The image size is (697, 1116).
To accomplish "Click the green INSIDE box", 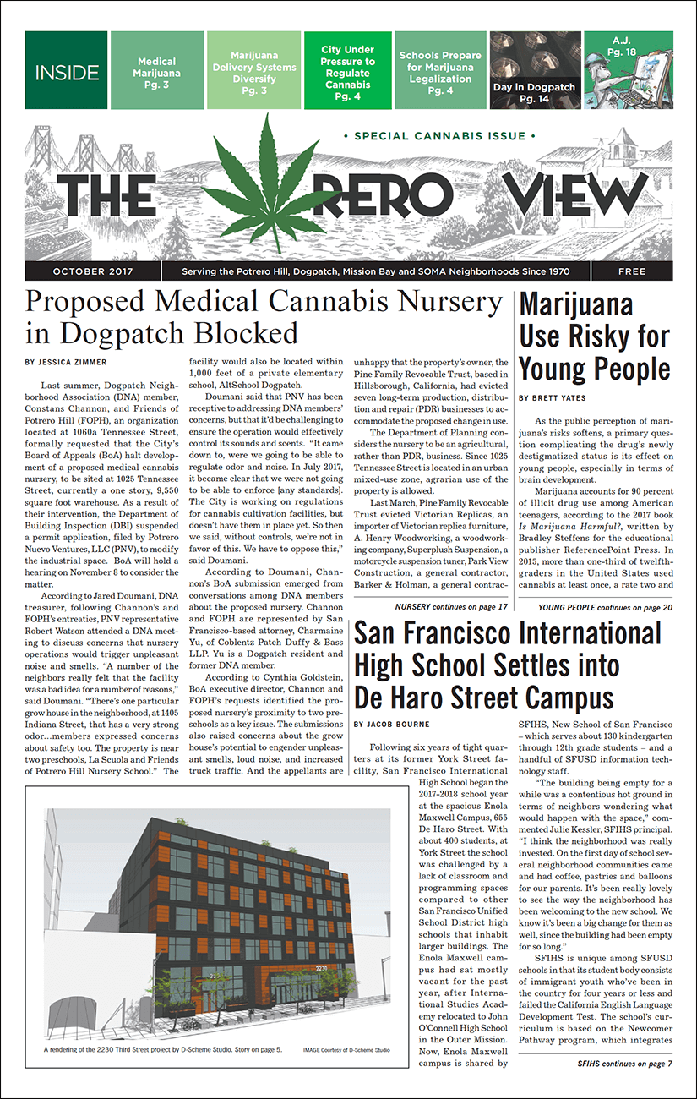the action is [x=67, y=71].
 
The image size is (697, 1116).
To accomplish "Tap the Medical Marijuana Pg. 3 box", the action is [x=157, y=72].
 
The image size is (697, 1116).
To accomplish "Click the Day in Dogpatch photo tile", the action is [x=534, y=71].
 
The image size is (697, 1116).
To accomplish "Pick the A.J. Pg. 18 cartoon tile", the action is [x=626, y=71].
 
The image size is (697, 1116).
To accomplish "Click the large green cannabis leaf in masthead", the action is [x=271, y=182].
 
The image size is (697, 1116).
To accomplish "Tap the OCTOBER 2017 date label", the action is [x=91, y=271].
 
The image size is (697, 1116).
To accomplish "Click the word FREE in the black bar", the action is [x=632, y=271].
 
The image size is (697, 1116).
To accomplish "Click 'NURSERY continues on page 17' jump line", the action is [x=451, y=606].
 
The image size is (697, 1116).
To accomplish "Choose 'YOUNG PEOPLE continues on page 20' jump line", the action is [x=605, y=606].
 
